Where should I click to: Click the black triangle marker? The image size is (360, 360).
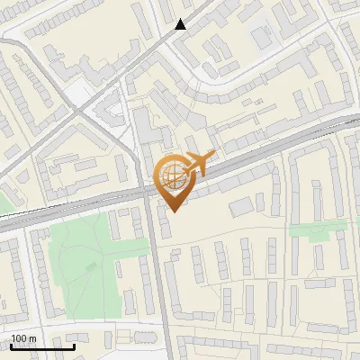[181, 24]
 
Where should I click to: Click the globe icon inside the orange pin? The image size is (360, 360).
[173, 177]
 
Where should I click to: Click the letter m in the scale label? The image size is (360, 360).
[32, 338]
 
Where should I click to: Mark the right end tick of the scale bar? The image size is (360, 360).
[74, 346]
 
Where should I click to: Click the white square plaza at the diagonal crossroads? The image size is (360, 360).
[78, 92]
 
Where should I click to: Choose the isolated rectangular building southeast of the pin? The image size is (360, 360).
[241, 207]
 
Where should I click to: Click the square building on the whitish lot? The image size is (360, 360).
[262, 37]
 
